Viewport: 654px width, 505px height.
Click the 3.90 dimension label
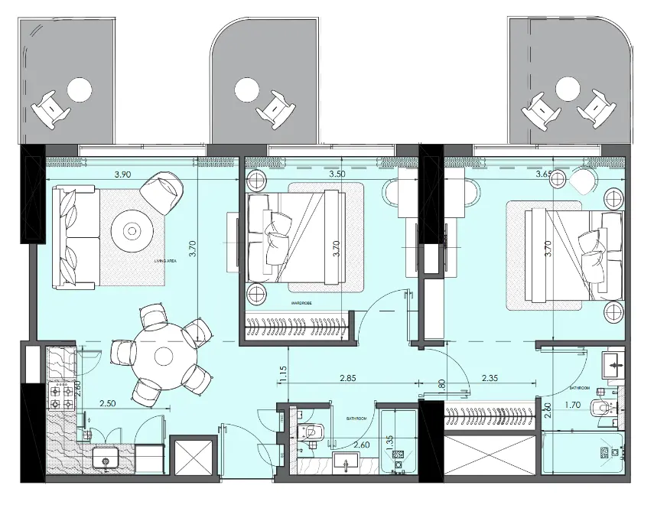[x=122, y=174]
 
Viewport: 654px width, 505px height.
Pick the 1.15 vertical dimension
[x=283, y=374]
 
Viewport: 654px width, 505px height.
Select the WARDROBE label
[x=301, y=303]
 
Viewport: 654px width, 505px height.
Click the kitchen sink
[x=105, y=459]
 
